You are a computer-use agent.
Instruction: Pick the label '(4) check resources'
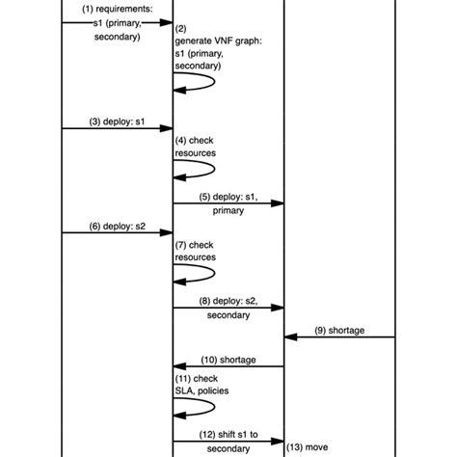[x=196, y=146]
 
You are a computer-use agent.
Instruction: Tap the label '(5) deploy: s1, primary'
[x=228, y=202]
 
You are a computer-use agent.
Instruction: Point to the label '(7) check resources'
[x=196, y=251]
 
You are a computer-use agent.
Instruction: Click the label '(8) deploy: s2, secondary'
[x=228, y=308]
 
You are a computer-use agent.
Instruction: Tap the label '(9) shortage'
[x=339, y=330]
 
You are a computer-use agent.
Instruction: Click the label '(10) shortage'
[x=228, y=359]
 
